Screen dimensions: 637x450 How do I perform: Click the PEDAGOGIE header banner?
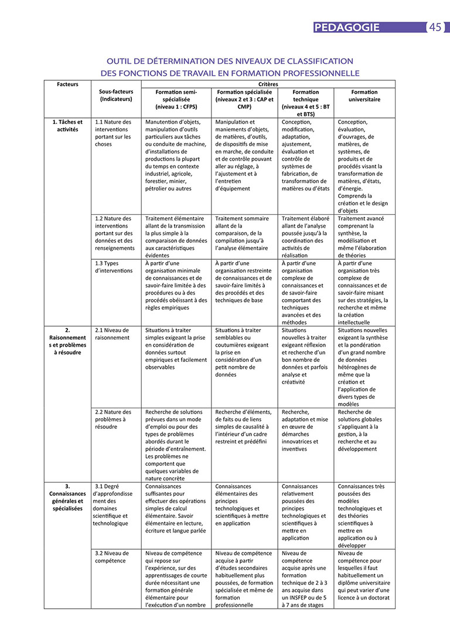(347, 28)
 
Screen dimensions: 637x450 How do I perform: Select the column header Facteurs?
(68, 84)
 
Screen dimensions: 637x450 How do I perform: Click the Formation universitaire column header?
(364, 96)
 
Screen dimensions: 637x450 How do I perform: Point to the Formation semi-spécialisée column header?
(176, 100)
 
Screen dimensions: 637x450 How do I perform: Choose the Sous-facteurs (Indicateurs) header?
(116, 96)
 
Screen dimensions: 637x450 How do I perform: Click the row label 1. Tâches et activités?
(68, 126)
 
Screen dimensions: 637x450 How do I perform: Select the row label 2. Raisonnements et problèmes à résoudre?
(68, 341)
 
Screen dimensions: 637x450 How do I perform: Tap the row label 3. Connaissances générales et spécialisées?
(68, 497)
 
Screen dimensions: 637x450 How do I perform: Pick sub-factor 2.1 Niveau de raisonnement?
(112, 334)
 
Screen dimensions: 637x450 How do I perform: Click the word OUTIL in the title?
(120, 61)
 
